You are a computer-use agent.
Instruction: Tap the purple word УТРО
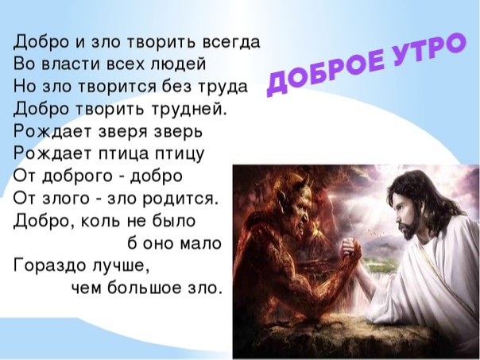[x=428, y=48]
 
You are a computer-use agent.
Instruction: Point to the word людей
[x=177, y=64]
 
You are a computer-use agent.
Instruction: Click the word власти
[x=70, y=64]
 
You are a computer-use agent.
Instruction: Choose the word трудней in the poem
[x=188, y=110]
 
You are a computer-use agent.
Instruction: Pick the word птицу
[x=179, y=154]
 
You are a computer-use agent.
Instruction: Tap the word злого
[x=65, y=199]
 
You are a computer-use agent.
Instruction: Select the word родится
[x=181, y=199]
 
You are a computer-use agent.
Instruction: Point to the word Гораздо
[x=49, y=265]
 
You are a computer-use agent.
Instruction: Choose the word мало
[x=201, y=244]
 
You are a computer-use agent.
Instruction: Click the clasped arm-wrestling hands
[x=351, y=249]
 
